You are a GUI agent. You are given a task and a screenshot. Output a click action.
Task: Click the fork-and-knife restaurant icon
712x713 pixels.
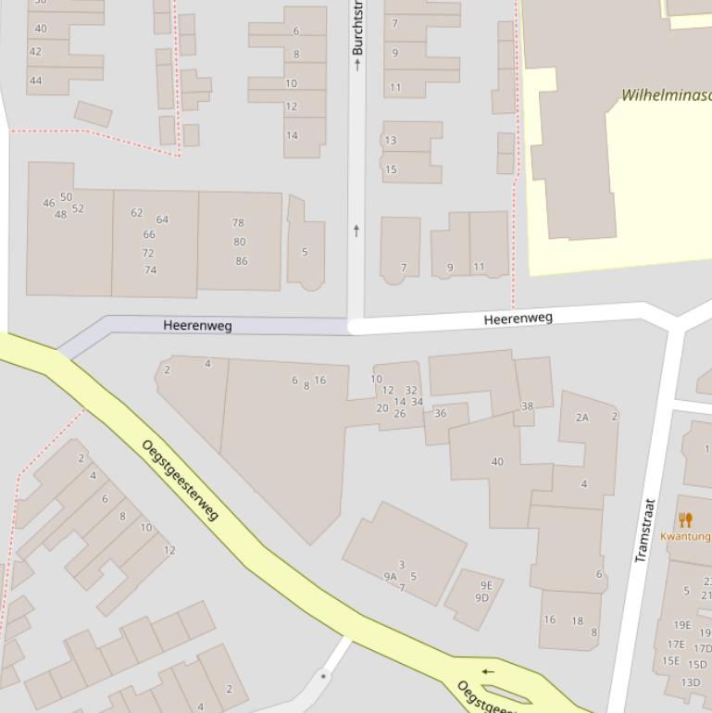pos(685,520)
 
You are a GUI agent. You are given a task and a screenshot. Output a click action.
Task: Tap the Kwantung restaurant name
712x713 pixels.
pos(686,536)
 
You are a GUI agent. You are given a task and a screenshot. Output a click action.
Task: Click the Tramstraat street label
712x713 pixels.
pos(644,531)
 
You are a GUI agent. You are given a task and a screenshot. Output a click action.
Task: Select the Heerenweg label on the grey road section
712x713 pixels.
pos(197,326)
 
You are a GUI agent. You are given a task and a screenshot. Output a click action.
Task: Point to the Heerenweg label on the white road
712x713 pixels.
pos(518,319)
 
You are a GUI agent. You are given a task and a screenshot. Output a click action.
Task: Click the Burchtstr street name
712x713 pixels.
pos(357,28)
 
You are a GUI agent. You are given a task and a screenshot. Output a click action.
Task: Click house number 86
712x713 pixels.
pos(242,261)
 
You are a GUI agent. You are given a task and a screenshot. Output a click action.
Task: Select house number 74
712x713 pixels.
pos(150,270)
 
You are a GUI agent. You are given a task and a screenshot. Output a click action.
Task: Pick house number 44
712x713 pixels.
pos(35,81)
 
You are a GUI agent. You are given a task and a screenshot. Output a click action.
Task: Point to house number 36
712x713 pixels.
pos(440,414)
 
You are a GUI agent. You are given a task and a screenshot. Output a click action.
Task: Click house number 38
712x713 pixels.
pos(527,407)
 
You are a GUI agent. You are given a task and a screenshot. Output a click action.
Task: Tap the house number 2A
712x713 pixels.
pos(581,418)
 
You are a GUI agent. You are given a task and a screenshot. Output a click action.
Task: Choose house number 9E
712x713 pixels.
pos(486,585)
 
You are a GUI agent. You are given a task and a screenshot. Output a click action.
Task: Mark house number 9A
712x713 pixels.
pos(390,577)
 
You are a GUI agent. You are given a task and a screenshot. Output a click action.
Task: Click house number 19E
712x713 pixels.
pos(681,625)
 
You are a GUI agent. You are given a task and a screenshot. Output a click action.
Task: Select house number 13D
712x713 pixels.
pos(691,682)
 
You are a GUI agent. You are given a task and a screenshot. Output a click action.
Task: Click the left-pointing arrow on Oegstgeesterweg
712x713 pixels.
pos(488,672)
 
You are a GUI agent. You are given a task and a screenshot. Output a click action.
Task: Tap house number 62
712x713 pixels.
pos(137,213)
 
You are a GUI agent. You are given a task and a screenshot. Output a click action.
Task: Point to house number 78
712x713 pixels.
pos(238,223)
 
